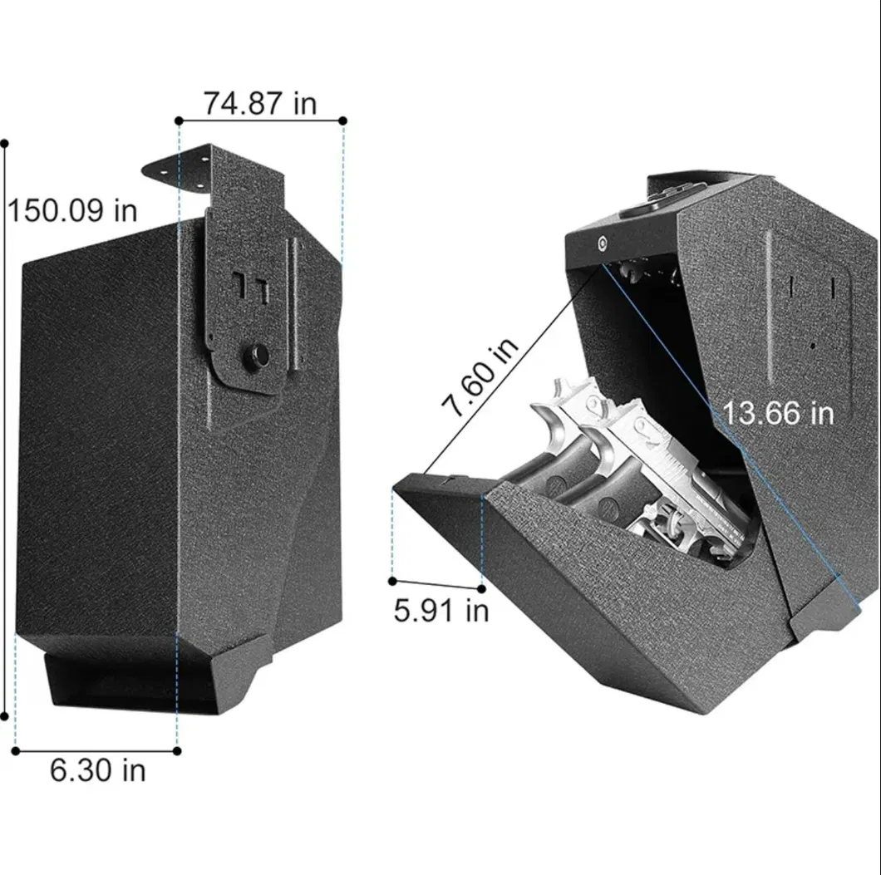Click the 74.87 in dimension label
coord(259,103)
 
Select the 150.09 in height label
coord(72,210)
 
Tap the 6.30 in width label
coord(97,770)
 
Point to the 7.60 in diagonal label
coord(480,378)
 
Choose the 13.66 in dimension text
coord(777,412)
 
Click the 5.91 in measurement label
coord(440,611)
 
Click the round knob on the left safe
coord(256,356)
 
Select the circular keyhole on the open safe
coord(601,243)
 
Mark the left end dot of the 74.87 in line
coord(179,121)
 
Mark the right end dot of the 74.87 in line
coord(342,121)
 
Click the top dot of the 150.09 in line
coord(4,144)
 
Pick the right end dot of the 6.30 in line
coord(177,750)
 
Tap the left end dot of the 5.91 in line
coord(392,581)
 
